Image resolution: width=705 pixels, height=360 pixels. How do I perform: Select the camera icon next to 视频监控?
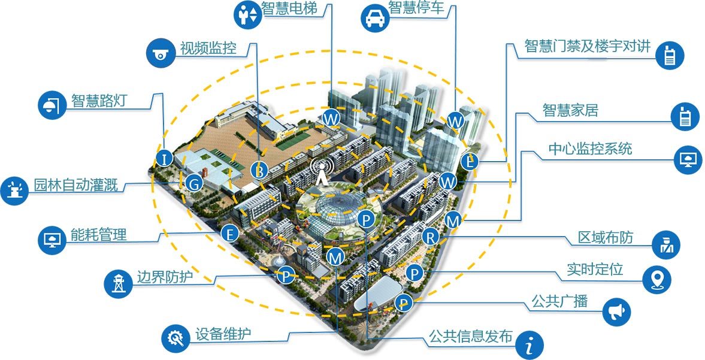point(161,53)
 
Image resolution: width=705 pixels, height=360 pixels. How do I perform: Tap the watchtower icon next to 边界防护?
point(119,283)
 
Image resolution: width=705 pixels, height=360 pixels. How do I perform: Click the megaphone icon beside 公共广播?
point(616,311)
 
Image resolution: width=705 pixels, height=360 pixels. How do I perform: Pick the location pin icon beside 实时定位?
point(656,279)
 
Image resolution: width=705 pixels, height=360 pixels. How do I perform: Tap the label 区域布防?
point(605,238)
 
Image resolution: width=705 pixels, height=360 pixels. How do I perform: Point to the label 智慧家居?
point(570,111)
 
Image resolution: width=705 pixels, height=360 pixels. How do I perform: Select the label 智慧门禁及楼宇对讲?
point(587,47)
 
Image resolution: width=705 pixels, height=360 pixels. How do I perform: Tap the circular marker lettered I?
point(164,159)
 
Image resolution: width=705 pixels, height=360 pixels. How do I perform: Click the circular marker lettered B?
point(259,170)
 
